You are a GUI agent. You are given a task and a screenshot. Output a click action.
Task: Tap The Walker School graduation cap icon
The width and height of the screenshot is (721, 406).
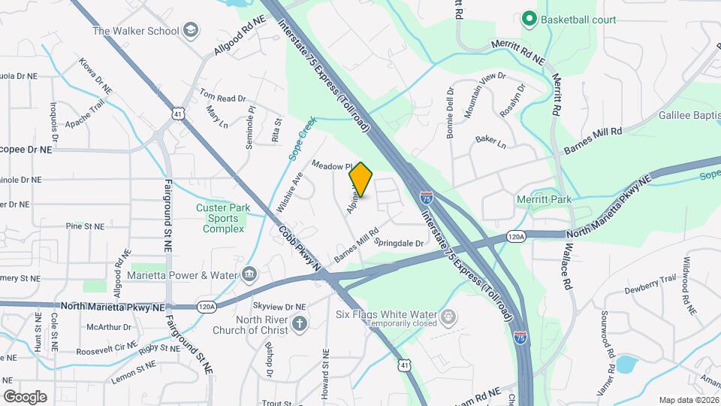point(192,31)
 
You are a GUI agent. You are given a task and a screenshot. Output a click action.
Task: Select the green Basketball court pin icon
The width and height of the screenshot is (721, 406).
point(529,20)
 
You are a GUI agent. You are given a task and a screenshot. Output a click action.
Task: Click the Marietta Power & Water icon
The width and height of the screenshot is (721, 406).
point(249,275)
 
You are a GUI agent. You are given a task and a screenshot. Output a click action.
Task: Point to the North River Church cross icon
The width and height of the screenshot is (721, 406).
point(300,324)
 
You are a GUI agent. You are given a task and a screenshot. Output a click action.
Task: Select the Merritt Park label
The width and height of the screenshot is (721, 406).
point(545,199)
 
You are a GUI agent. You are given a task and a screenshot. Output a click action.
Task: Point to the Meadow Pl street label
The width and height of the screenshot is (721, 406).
point(332,165)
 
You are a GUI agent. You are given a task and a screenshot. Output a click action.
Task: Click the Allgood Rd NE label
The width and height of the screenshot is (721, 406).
point(240,35)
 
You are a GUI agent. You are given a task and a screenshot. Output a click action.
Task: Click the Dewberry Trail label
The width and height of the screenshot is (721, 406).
point(650,283)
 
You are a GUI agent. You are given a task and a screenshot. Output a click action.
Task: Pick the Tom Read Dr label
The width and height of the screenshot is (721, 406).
point(222,97)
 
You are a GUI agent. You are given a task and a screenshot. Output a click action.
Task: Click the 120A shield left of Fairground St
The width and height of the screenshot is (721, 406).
point(207,307)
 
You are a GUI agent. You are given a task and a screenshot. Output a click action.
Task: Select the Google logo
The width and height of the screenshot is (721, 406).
point(25,396)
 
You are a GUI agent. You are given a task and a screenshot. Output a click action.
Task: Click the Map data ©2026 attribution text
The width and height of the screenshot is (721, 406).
point(688,400)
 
